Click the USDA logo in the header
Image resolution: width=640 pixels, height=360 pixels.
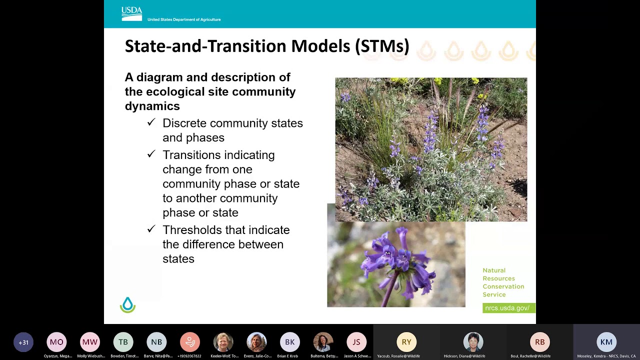point(132,14)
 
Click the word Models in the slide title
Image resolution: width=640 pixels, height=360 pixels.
point(320,46)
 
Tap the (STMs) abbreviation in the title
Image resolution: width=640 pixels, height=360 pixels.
point(382,46)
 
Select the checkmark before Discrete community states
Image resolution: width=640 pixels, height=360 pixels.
point(151,122)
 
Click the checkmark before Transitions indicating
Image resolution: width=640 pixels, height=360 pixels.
point(151,154)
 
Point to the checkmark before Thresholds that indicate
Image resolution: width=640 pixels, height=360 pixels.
point(151,229)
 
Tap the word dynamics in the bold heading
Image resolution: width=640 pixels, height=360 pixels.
point(152,106)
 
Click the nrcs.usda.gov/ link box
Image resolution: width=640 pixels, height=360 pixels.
point(507,308)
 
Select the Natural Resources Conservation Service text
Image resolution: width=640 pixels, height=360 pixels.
point(503,282)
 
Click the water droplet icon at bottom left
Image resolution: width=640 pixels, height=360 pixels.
point(127,305)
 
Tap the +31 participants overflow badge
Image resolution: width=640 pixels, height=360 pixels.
point(23,342)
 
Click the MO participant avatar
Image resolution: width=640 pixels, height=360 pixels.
point(56,342)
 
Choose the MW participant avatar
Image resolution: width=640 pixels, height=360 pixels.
point(90,342)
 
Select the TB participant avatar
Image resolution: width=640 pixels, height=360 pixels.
point(123,342)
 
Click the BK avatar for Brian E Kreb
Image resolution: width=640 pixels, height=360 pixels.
point(290,342)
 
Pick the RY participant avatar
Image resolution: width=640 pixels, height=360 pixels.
point(406,342)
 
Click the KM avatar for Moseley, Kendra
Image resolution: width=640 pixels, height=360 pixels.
point(606,342)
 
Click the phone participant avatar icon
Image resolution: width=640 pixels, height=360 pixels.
point(190,342)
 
